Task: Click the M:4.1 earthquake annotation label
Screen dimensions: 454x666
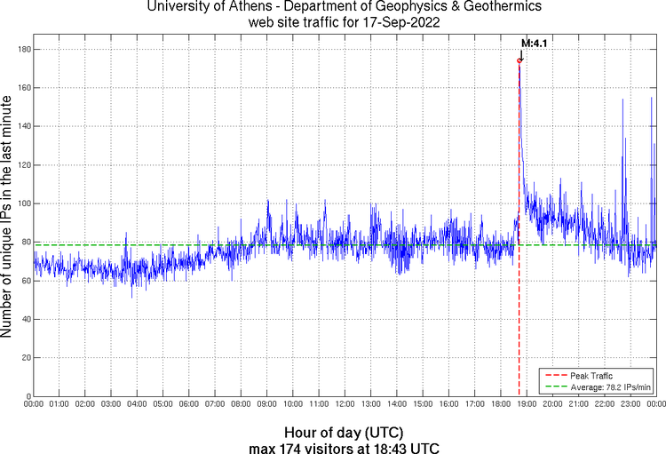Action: (534, 42)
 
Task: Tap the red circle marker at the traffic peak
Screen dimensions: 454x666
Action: (519, 60)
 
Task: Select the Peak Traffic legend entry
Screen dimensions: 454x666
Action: (591, 376)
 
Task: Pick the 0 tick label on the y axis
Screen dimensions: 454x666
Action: (26, 396)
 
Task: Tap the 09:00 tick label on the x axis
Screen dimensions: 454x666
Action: (266, 405)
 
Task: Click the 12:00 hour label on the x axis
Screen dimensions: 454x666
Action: (345, 405)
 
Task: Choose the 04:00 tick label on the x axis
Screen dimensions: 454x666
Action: (137, 405)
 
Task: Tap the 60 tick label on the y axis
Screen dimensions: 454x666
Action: (23, 281)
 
